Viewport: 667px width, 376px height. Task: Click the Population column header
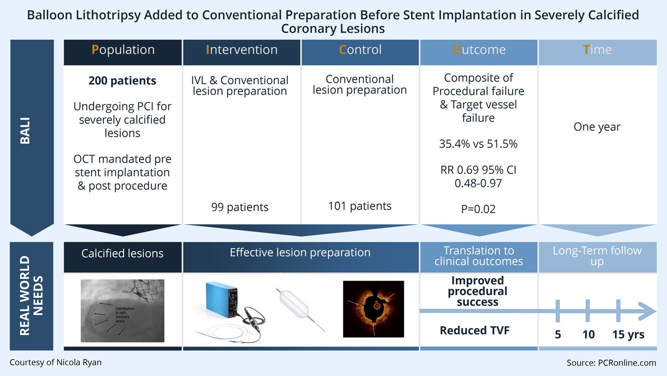(123, 50)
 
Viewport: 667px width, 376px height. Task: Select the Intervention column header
(241, 50)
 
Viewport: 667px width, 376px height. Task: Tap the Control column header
(360, 50)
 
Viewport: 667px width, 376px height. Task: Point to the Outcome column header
(478, 50)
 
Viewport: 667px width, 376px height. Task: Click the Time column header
(597, 50)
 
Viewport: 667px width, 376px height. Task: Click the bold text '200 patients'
(122, 81)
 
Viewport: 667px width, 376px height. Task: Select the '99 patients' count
(240, 207)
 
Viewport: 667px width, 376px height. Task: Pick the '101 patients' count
(360, 206)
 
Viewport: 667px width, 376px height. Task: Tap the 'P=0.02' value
(478, 209)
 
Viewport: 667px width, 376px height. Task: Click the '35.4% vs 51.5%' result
(478, 144)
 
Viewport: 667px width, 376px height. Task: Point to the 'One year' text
(597, 127)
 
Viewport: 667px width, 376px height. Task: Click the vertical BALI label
(25, 131)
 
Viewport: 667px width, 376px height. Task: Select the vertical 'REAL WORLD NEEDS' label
(31, 296)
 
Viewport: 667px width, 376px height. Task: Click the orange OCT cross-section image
(374, 309)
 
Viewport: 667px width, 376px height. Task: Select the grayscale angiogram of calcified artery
(122, 311)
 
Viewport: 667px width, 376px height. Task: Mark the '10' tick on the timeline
(588, 334)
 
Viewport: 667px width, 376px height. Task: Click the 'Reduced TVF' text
(474, 331)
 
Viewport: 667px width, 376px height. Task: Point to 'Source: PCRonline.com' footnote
(611, 363)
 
